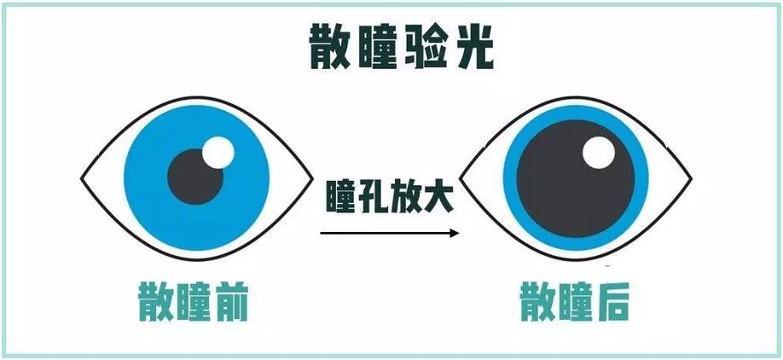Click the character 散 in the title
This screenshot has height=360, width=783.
333,49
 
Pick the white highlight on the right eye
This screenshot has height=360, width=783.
600,153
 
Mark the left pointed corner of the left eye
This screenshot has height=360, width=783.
82,181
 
